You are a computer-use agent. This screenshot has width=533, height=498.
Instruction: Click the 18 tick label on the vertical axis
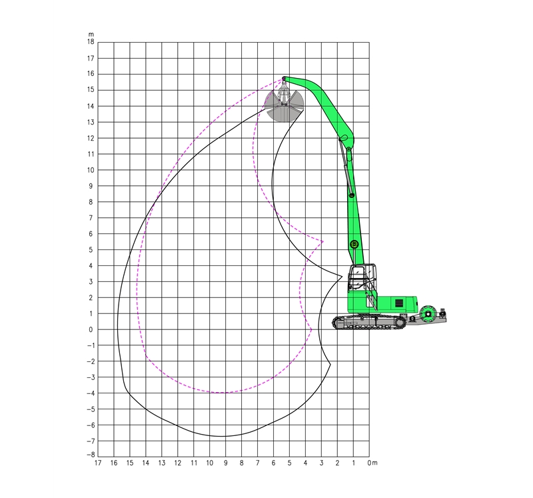click(91, 42)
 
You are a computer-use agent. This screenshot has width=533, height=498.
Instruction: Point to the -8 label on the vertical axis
click(91, 455)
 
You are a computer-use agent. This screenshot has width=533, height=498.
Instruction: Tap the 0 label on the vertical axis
click(91, 329)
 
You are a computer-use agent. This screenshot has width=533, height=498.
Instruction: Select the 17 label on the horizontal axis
click(98, 463)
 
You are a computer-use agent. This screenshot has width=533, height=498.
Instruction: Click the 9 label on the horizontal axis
click(226, 463)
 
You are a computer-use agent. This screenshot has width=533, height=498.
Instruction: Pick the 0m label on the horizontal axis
click(372, 463)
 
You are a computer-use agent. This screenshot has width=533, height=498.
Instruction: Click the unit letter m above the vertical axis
click(91, 35)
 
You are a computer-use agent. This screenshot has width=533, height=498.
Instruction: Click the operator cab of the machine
click(362, 277)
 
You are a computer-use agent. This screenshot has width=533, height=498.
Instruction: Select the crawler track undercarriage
click(369, 322)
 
